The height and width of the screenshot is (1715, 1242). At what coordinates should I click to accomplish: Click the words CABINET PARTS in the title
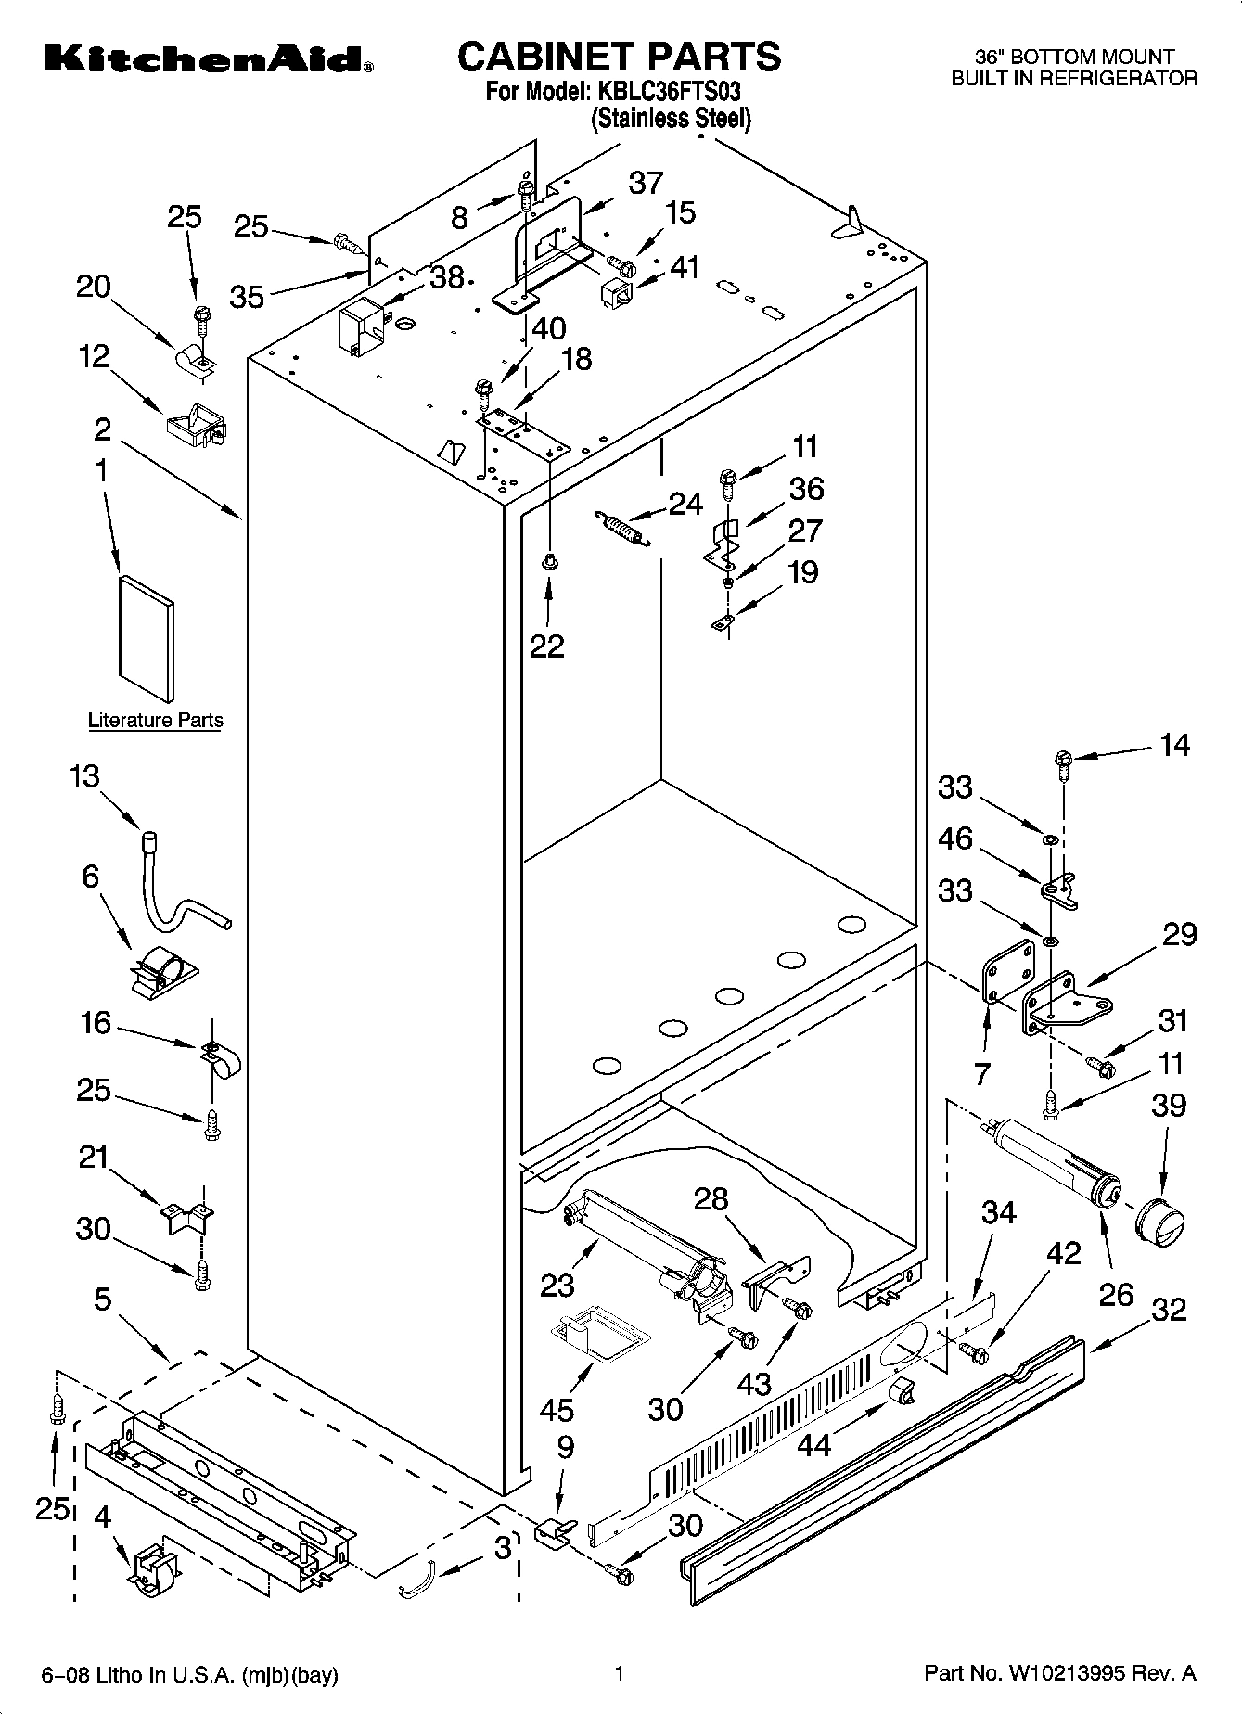619,57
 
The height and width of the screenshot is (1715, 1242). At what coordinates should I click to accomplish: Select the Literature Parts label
155,720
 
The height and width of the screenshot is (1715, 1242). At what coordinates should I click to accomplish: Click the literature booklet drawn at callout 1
146,638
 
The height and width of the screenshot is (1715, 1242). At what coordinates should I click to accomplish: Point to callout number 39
1168,1105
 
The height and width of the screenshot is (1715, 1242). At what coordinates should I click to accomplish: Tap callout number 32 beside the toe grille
1169,1309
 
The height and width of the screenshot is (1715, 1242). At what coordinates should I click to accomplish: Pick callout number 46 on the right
955,838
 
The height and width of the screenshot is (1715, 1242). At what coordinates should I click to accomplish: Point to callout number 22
546,645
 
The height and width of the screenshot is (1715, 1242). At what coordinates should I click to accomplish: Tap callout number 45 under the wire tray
557,1410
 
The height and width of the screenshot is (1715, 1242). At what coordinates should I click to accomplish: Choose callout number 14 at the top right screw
1174,745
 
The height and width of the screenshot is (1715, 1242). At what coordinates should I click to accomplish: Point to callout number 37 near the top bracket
646,183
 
